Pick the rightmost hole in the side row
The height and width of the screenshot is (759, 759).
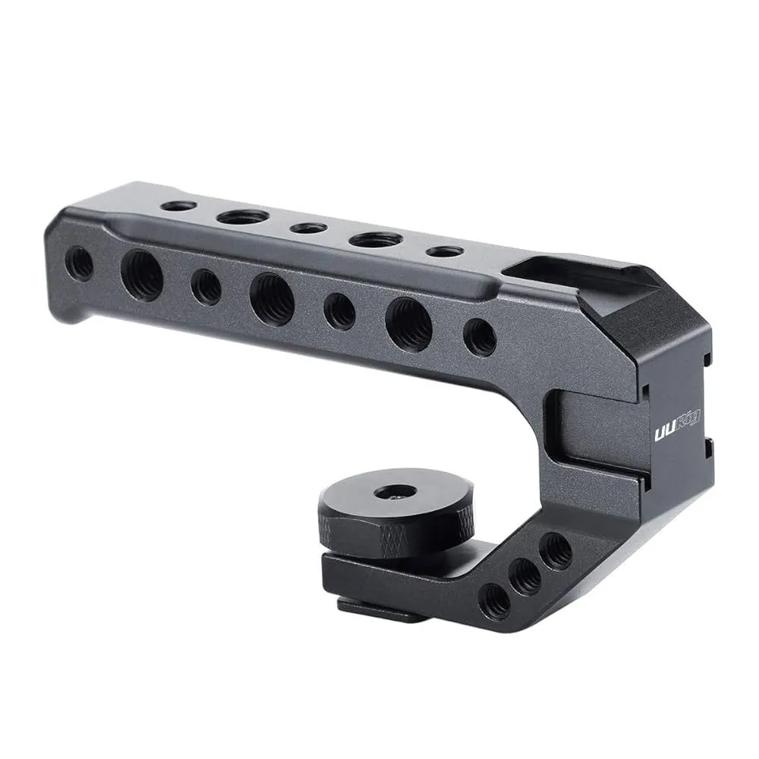point(480,337)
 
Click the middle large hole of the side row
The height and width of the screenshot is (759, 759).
point(272,299)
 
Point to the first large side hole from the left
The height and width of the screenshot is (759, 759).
point(142,276)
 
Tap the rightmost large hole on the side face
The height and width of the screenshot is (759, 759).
point(408,324)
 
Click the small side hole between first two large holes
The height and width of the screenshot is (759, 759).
point(206,287)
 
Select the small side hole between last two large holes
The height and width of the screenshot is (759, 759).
point(339,311)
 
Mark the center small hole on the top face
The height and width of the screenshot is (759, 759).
point(308,228)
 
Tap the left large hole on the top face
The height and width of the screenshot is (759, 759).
point(242,217)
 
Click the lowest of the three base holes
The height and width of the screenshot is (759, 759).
point(496,601)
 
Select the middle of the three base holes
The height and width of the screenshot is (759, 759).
point(525,577)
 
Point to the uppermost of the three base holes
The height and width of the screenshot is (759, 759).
point(556,550)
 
